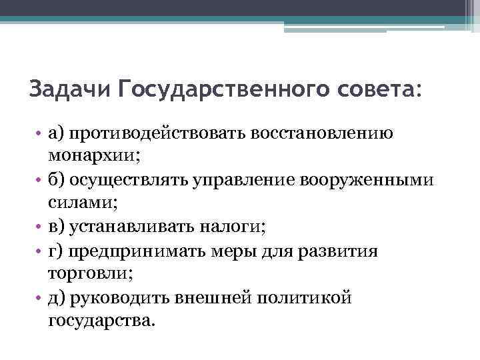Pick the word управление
[x=248, y=181]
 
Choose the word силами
[x=77, y=204]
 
